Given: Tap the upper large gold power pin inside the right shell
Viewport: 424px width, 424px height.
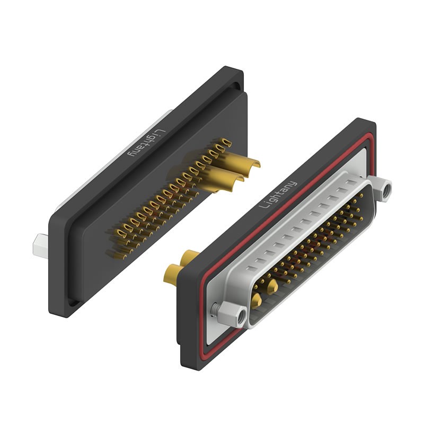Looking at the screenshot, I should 273,287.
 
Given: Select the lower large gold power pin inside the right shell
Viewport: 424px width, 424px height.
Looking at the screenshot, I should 257,301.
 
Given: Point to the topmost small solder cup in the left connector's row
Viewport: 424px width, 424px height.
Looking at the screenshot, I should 226,142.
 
